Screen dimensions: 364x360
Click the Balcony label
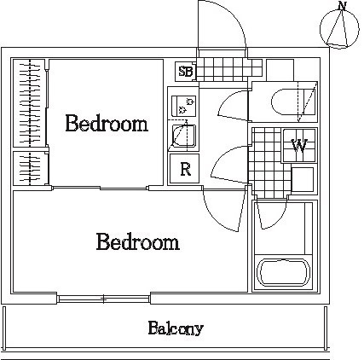click(x=176, y=328)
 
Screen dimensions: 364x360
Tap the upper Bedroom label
click(x=107, y=123)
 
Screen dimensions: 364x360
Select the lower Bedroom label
click(x=138, y=241)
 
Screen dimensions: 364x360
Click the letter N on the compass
click(x=343, y=6)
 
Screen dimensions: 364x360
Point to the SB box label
click(x=185, y=72)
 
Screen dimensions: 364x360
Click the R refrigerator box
click(x=184, y=169)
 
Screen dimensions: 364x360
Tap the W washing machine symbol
click(x=299, y=145)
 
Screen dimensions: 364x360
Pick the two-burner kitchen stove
click(x=184, y=106)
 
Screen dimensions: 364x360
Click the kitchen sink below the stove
click(x=185, y=136)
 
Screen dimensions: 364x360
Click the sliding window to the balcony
click(x=104, y=299)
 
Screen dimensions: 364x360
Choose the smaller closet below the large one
click(x=30, y=168)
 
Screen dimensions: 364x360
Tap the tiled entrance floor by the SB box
click(x=229, y=69)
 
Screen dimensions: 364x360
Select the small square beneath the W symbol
click(x=303, y=180)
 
